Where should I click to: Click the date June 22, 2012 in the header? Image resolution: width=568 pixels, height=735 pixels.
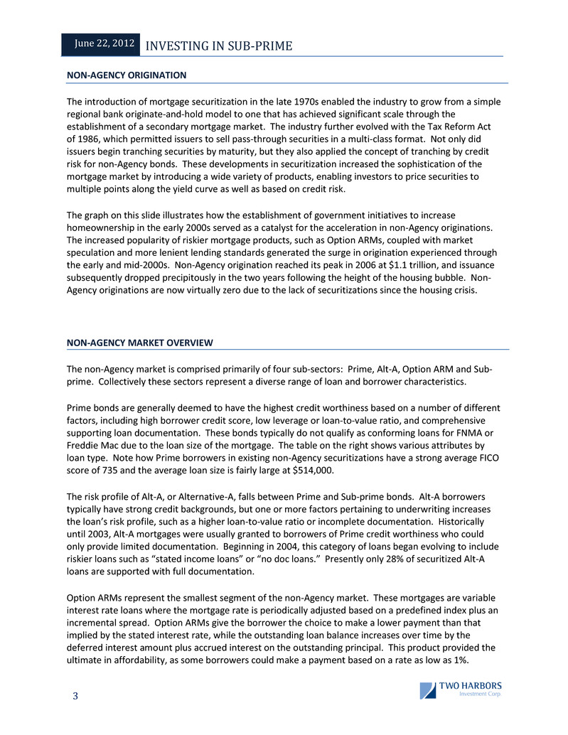click(x=105, y=44)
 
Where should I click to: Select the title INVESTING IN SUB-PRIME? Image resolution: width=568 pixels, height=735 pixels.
click(x=218, y=46)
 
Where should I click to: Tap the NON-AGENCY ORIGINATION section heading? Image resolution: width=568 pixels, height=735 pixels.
click(x=127, y=75)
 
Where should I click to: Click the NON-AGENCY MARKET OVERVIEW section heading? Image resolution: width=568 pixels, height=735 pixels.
click(x=140, y=343)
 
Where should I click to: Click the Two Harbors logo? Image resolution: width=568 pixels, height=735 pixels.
click(x=461, y=690)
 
